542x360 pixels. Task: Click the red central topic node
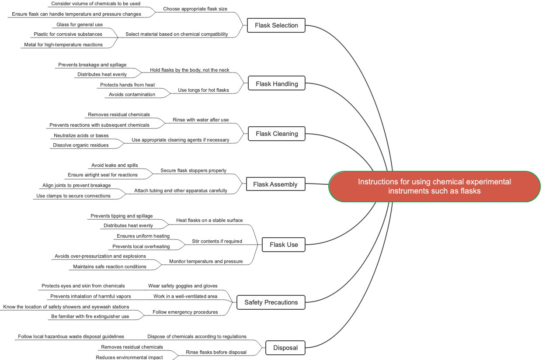point(434,187)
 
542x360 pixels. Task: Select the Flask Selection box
point(276,25)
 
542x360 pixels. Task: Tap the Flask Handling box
point(277,84)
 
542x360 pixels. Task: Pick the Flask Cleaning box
point(277,134)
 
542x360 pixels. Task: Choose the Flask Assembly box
point(275,184)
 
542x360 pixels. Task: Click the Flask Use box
point(284,245)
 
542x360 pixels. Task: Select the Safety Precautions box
point(271,302)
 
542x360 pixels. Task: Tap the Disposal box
point(285,348)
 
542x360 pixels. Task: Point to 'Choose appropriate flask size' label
point(195,9)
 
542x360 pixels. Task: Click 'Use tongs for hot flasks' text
point(203,90)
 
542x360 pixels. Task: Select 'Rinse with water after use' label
point(201,120)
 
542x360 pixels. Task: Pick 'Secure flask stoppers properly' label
point(193,170)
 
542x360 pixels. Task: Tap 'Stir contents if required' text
point(217,241)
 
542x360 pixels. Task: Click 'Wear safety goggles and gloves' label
point(183,286)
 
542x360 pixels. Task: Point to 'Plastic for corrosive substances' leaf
point(68,34)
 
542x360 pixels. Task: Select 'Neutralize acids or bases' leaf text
point(81,135)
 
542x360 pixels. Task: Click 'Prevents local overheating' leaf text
point(141,246)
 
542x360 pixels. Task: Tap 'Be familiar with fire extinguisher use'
point(90,316)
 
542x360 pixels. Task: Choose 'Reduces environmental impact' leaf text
point(129,357)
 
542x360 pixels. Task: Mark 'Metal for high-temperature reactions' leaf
point(63,45)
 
